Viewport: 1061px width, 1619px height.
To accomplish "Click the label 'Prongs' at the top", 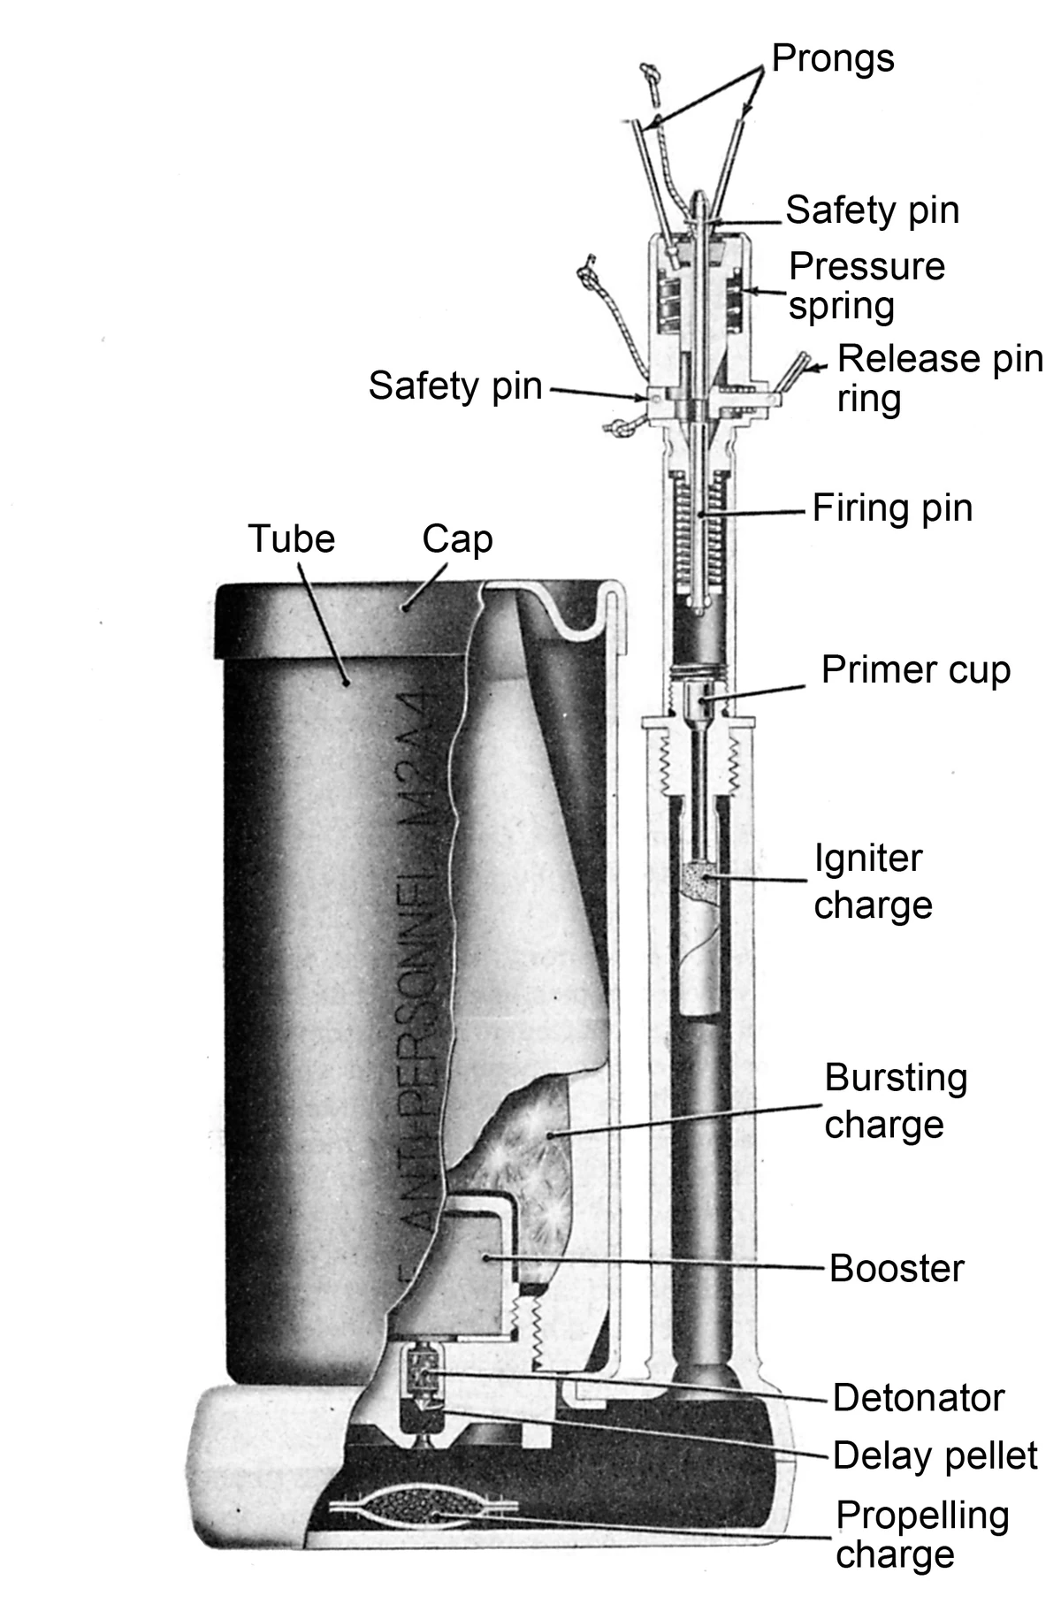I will tap(833, 59).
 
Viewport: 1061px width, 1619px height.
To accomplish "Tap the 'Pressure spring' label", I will tap(866, 286).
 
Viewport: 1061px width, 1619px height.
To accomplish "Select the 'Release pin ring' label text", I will tap(939, 378).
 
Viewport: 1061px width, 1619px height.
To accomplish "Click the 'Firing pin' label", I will tap(892, 508).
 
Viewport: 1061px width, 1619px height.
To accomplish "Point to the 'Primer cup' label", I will tap(915, 669).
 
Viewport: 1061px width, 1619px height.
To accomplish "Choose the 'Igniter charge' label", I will tap(873, 882).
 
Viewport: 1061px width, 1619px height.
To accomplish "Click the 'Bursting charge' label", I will tap(895, 1101).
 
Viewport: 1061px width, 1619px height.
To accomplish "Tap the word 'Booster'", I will tap(896, 1268).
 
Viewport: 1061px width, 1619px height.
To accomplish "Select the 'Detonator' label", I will tap(918, 1398).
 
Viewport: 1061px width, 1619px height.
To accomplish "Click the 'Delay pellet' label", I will tap(935, 1455).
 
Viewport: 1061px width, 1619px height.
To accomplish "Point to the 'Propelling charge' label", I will tap(921, 1534).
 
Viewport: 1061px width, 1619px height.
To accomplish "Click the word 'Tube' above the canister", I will tap(292, 538).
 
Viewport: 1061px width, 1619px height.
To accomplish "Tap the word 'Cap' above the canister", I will tap(456, 538).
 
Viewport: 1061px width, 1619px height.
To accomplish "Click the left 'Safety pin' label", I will tap(454, 386).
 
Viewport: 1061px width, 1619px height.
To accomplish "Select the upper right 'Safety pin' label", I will tap(872, 210).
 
